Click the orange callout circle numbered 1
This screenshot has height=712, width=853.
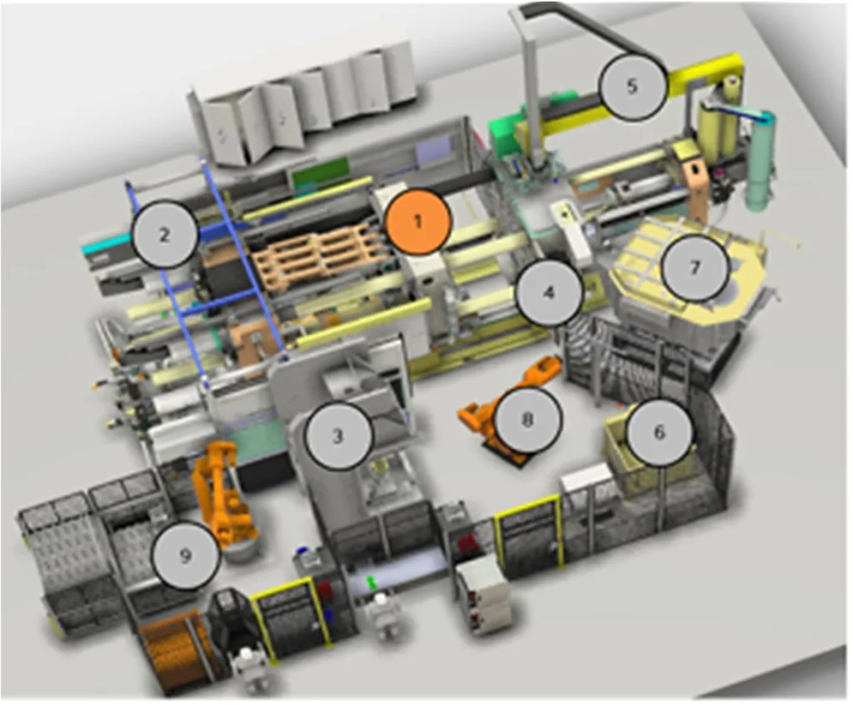coord(418,221)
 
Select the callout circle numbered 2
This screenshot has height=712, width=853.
coord(164,234)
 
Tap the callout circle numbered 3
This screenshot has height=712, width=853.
coord(337,436)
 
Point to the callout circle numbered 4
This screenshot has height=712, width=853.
coord(548,292)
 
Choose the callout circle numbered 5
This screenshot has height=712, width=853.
coord(632,87)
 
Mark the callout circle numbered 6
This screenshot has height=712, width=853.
coord(659,431)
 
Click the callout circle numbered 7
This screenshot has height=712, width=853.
coord(696,267)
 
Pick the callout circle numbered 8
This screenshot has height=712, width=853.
coord(526,419)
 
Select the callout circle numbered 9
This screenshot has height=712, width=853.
coord(186,555)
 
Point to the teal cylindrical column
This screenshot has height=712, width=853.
coord(761,163)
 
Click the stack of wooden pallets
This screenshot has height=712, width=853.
coord(322,255)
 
